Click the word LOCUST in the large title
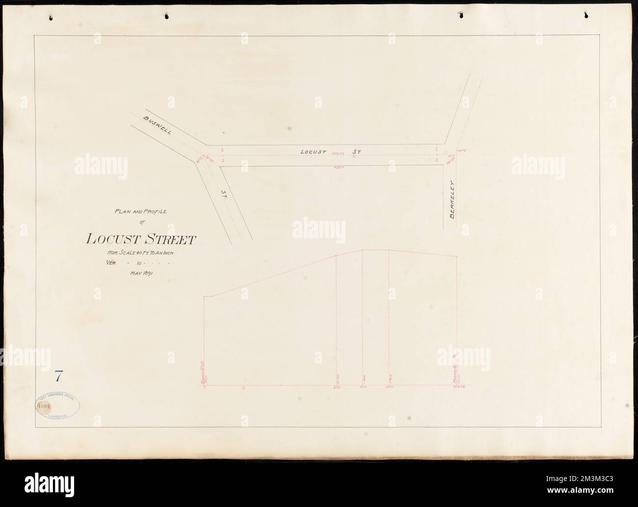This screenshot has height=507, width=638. click(x=113, y=239)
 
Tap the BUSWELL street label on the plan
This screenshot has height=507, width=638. click(x=155, y=125)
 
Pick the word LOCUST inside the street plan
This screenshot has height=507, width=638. click(x=313, y=152)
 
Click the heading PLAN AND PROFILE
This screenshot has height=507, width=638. click(x=140, y=212)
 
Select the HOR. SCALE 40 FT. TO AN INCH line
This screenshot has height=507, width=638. click(x=140, y=253)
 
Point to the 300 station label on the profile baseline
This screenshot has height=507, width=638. click(x=363, y=388)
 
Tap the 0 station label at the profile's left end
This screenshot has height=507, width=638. click(x=204, y=388)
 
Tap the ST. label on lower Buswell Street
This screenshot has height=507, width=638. click(x=222, y=197)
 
